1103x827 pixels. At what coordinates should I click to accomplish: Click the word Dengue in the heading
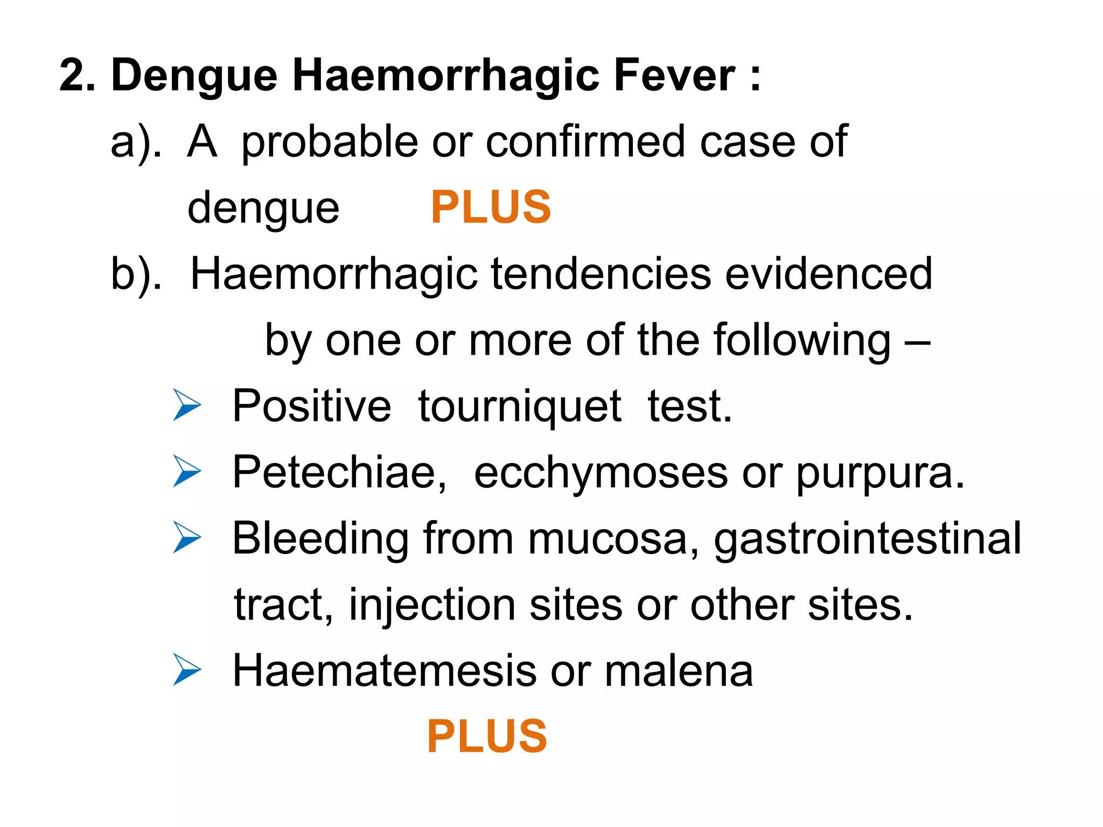click(194, 76)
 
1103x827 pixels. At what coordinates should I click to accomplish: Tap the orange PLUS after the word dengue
click(491, 207)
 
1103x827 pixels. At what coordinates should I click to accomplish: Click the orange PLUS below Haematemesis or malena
click(487, 737)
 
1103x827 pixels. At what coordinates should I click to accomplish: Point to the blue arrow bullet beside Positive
click(187, 405)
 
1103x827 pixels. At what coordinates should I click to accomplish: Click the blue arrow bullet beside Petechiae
click(187, 472)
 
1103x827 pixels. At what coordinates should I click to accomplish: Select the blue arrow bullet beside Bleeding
click(187, 538)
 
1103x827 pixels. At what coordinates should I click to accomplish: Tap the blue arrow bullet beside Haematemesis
click(187, 670)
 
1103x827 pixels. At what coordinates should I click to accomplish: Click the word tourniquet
click(520, 407)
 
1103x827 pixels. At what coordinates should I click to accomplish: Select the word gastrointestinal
click(868, 539)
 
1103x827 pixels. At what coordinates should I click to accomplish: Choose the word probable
click(330, 142)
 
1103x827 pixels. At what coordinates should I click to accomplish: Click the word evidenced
click(828, 274)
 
